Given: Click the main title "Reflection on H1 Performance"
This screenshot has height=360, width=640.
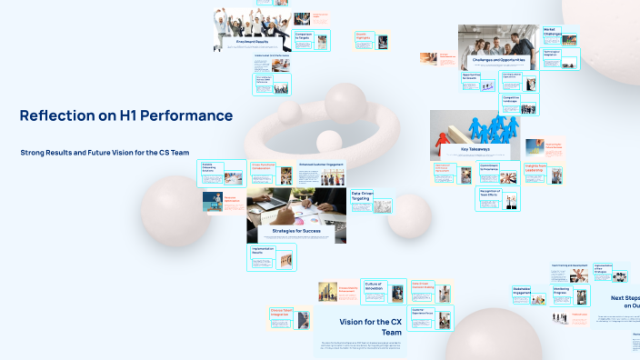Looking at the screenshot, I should click(125, 115).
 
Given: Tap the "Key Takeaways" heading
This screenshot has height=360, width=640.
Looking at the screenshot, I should click(475, 148).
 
